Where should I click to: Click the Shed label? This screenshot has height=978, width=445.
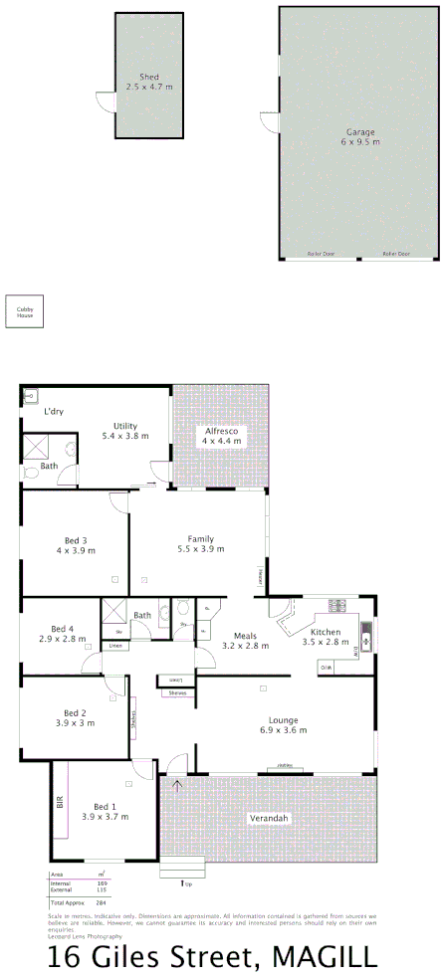(x=149, y=77)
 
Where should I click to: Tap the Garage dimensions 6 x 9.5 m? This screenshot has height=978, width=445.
(x=360, y=142)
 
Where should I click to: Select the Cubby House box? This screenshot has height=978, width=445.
(x=24, y=311)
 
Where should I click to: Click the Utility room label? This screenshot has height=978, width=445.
(x=124, y=426)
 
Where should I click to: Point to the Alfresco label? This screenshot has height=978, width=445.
(x=221, y=430)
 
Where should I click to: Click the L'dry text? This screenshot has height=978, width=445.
(x=54, y=410)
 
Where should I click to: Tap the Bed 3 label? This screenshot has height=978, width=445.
(x=75, y=540)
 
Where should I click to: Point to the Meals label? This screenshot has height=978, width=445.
(x=244, y=636)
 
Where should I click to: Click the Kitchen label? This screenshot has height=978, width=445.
(x=326, y=632)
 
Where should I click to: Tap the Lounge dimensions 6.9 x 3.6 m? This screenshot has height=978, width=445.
(x=283, y=730)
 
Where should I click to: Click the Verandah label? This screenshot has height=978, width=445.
(x=268, y=818)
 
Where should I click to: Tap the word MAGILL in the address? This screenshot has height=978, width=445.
(x=326, y=958)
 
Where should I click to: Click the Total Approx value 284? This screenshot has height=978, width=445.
(x=101, y=901)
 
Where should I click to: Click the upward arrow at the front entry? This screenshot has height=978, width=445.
(x=178, y=786)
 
